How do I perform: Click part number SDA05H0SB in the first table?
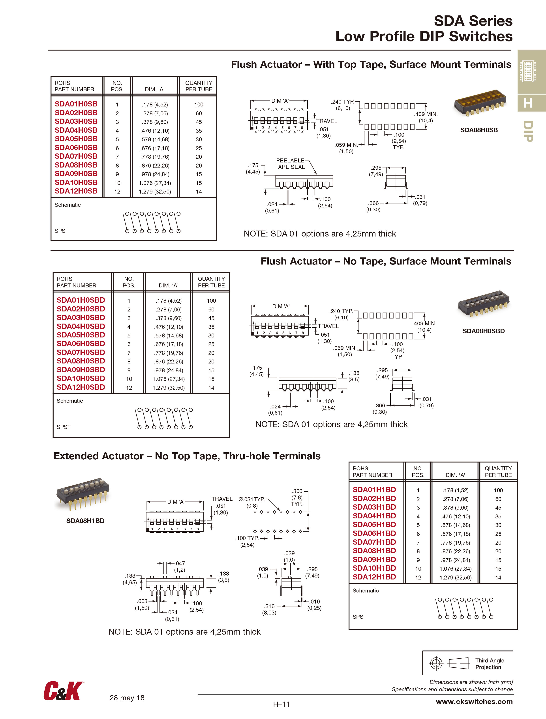[76, 139]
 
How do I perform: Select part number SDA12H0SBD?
[81, 387]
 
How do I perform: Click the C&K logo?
[64, 691]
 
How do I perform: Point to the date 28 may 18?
[127, 698]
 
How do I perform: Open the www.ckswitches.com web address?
[474, 701]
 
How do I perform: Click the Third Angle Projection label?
[489, 664]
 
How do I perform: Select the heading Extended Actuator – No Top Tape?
[187, 456]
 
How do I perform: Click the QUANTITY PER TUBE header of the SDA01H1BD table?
[498, 471]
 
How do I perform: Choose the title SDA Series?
[473, 21]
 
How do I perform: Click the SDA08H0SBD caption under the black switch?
[483, 331]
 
